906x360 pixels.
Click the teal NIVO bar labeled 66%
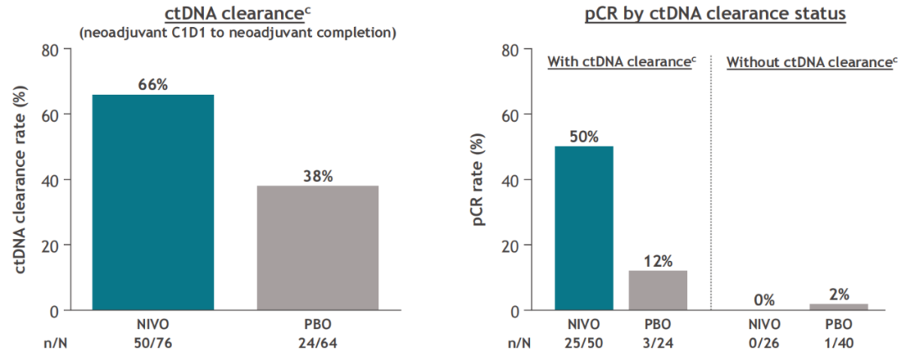click(154, 202)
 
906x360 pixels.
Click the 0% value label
click(763, 300)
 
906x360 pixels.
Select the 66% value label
click(154, 84)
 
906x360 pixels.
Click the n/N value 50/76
click(154, 342)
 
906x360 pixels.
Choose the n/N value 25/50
click(584, 342)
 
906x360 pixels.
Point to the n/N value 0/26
click(763, 342)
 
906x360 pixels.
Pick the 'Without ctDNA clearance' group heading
click(807, 62)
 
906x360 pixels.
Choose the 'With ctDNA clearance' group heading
click(618, 62)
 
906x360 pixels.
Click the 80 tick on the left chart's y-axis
click(49, 50)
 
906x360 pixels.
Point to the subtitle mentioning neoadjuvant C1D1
click(237, 33)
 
